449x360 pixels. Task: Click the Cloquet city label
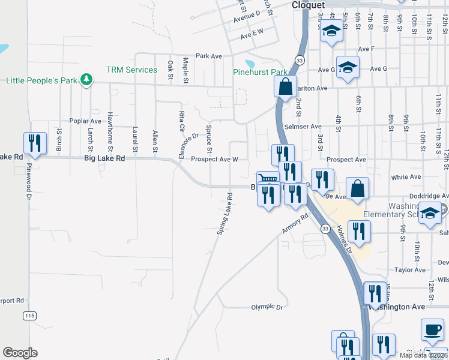[308, 5]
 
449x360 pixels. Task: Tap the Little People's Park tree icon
[87, 80]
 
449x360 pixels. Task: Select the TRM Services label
[131, 70]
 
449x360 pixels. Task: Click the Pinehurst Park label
[261, 72]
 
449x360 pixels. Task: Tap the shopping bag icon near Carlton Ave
[286, 86]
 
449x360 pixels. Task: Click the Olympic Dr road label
[266, 307]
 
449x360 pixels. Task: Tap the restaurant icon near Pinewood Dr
[34, 143]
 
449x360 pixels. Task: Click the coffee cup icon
[432, 329]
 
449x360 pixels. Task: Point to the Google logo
[20, 353]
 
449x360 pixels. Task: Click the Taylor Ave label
[410, 270]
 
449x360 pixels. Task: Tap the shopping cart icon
[268, 178]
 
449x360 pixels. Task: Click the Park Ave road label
[209, 56]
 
